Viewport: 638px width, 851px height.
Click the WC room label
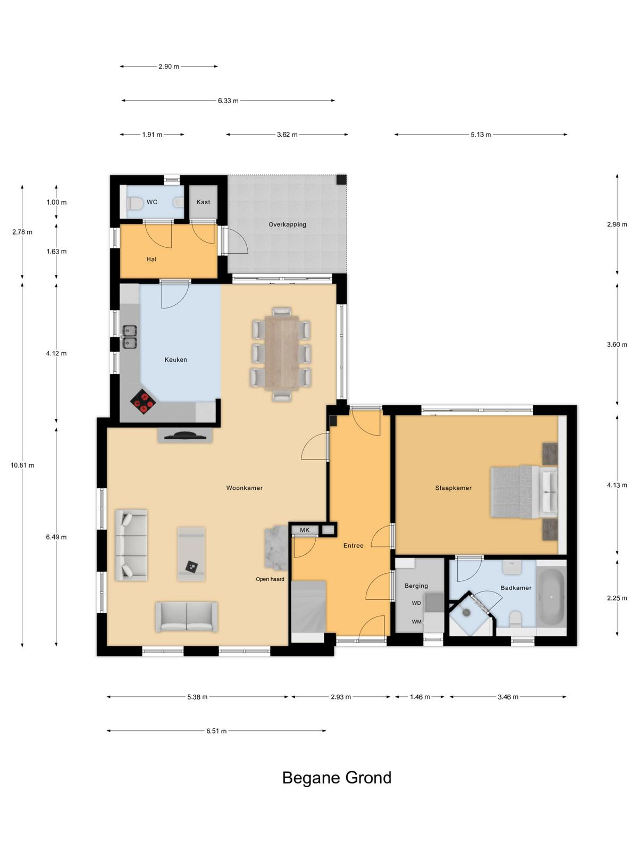point(152,202)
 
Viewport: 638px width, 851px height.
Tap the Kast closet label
point(203,202)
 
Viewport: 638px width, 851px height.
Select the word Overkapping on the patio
point(288,224)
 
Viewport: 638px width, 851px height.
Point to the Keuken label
point(175,360)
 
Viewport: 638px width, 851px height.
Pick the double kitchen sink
point(129,337)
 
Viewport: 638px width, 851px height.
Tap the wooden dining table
point(282,352)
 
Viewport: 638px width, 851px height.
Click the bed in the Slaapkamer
point(524,492)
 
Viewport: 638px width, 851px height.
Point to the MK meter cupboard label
point(305,530)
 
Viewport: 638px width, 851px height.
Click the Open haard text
point(270,579)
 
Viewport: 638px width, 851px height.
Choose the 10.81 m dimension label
point(22,465)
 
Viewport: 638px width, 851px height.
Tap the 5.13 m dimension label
point(481,135)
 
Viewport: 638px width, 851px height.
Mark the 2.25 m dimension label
point(617,598)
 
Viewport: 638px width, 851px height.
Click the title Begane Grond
point(337,778)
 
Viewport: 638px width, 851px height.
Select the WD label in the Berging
point(416,603)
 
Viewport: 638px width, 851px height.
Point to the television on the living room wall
point(185,436)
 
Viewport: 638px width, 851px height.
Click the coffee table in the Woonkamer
point(191,554)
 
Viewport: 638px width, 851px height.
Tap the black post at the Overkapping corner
point(341,179)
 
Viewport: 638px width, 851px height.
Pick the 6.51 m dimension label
point(216,731)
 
